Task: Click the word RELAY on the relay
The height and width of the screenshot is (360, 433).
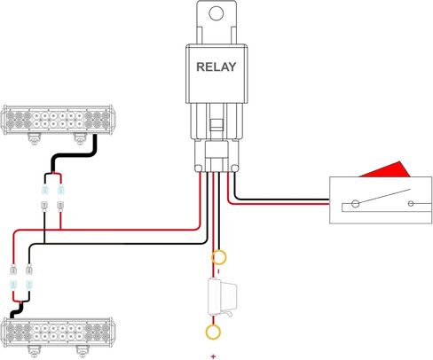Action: point(216,67)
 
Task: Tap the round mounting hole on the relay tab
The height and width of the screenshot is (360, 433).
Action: point(216,13)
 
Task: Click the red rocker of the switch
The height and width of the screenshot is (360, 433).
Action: point(384,170)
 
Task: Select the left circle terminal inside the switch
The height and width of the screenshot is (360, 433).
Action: point(355,204)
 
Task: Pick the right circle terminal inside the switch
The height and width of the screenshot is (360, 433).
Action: point(411,204)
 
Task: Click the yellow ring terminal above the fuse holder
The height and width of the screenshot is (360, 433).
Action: point(219,257)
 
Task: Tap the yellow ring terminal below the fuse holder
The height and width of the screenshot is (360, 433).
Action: point(213,332)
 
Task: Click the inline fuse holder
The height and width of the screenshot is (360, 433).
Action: point(223,296)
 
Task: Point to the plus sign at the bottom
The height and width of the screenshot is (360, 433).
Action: point(213,356)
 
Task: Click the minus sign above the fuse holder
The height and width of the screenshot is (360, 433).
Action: point(218,271)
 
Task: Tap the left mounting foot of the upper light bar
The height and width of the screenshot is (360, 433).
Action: point(35,139)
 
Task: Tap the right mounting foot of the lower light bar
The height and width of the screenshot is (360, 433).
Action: point(82,351)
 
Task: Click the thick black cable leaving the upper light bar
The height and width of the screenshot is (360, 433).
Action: point(75,154)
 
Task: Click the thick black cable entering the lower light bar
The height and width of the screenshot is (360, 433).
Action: point(17,310)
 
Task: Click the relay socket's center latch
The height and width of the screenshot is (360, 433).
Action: point(216,125)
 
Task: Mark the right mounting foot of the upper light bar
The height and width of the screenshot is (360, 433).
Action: point(80,139)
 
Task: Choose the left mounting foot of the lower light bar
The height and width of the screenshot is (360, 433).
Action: point(35,351)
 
